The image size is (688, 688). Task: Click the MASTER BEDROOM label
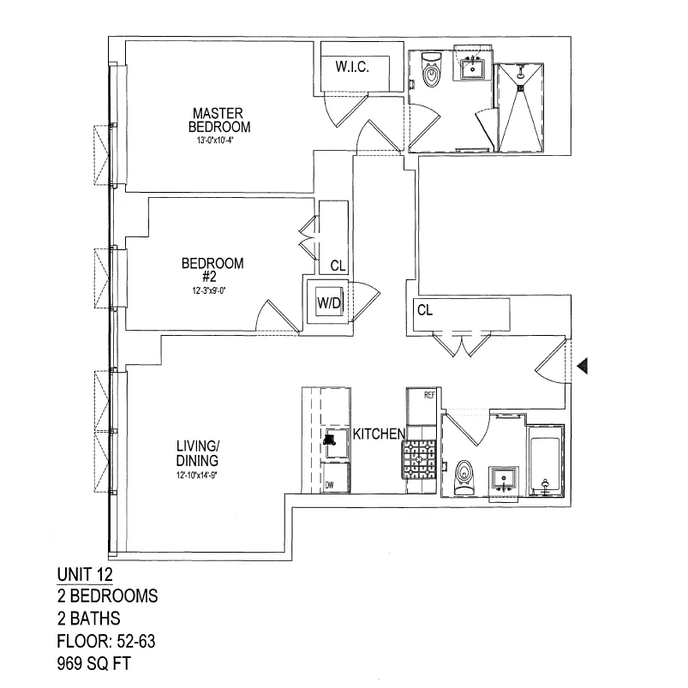(x=220, y=120)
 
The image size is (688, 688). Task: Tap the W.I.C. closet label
(x=352, y=67)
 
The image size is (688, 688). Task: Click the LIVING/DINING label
(x=198, y=453)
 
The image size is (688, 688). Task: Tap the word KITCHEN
(x=378, y=434)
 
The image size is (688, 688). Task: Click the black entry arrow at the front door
(x=583, y=367)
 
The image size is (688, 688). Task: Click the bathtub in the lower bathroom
(x=546, y=461)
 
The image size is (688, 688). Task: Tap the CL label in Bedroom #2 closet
(x=337, y=266)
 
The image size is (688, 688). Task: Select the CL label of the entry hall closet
(x=424, y=311)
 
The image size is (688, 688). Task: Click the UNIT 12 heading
(x=85, y=574)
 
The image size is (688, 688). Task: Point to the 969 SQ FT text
(x=95, y=662)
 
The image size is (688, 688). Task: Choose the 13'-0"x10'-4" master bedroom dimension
(x=220, y=141)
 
